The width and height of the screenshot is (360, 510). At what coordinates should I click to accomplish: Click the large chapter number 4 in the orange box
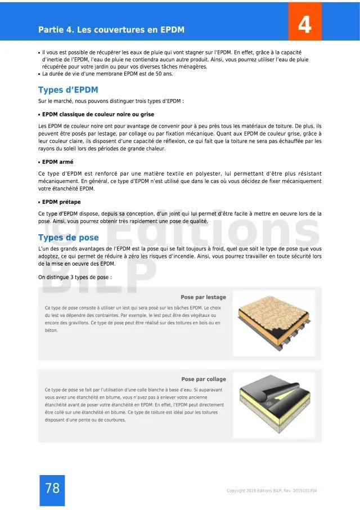[x=304, y=25]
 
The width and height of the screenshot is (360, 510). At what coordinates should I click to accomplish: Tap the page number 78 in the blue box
[x=52, y=489]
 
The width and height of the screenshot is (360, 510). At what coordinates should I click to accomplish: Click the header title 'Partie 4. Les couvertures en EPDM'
[x=111, y=29]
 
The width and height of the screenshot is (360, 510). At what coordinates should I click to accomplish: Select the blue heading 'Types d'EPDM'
[x=68, y=90]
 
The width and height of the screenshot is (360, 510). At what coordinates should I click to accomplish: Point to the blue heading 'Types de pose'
[x=68, y=238]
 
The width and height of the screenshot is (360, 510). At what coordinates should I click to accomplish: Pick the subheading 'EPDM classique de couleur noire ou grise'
[x=98, y=114]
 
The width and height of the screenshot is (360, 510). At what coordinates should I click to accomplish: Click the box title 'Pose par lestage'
[x=203, y=297]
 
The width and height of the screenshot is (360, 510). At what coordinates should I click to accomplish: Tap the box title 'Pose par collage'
[x=204, y=379]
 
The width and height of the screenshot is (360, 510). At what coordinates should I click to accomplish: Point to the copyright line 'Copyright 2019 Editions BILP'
[x=272, y=491]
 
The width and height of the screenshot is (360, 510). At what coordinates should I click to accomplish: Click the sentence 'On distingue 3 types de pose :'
[x=75, y=278]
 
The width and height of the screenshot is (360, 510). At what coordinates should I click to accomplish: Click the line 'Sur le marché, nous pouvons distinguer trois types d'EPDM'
[x=111, y=101]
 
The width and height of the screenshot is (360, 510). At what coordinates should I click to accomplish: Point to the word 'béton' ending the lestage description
[x=51, y=330]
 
